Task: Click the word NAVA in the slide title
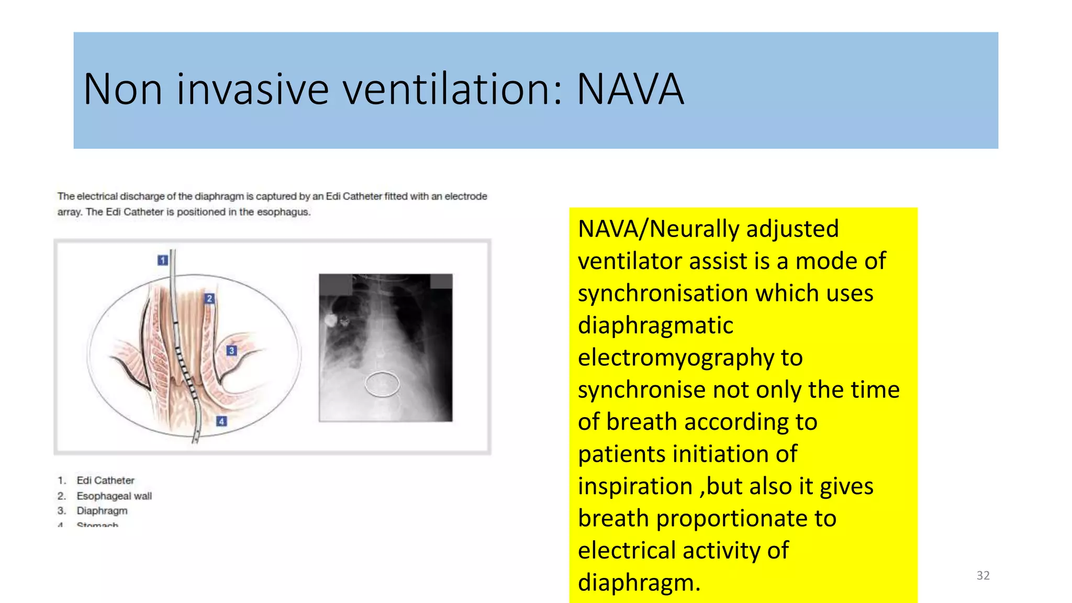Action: [630, 90]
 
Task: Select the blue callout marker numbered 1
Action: [163, 260]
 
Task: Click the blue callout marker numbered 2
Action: [209, 298]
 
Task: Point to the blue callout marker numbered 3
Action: [231, 351]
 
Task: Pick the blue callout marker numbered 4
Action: [221, 421]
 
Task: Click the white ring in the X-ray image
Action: [382, 384]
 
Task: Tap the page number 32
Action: [983, 575]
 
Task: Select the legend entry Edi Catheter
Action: [105, 481]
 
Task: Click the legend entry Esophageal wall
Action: [114, 496]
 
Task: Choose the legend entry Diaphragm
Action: [102, 510]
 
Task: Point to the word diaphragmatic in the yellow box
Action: [655, 326]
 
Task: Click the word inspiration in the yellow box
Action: [635, 487]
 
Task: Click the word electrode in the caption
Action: [466, 196]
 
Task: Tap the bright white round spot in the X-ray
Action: [330, 320]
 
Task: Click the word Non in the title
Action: [122, 90]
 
